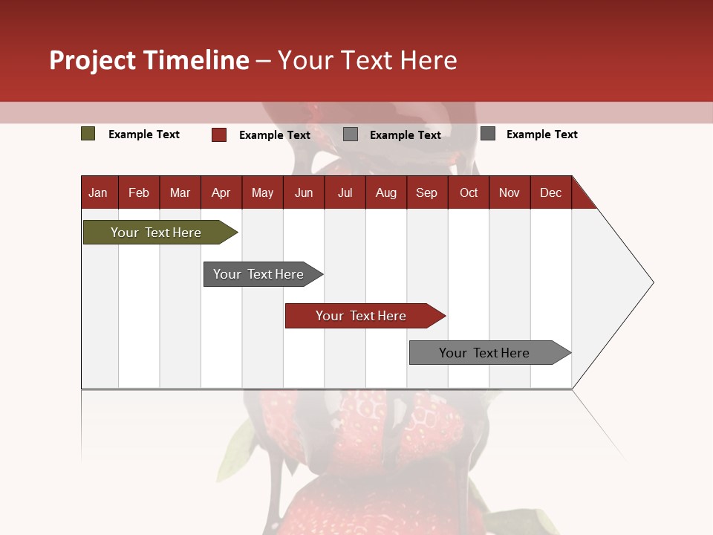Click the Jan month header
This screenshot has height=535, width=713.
click(98, 192)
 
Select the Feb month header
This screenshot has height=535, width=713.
click(139, 192)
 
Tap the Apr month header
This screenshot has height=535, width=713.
click(221, 192)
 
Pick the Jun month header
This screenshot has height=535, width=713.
click(304, 192)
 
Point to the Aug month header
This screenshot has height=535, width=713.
click(385, 192)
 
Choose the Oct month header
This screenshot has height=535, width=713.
click(469, 192)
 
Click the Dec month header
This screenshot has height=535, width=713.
click(550, 192)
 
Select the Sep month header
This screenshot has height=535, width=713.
click(426, 192)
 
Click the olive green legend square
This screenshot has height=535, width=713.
click(88, 134)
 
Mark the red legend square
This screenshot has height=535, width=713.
click(219, 134)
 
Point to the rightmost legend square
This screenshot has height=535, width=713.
click(488, 134)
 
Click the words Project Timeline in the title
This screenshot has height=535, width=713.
click(149, 60)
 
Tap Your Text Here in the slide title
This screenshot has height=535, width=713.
click(367, 60)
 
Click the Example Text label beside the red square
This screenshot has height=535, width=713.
click(275, 135)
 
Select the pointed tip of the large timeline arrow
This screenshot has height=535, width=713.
click(651, 282)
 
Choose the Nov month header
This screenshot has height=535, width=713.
click(509, 192)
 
